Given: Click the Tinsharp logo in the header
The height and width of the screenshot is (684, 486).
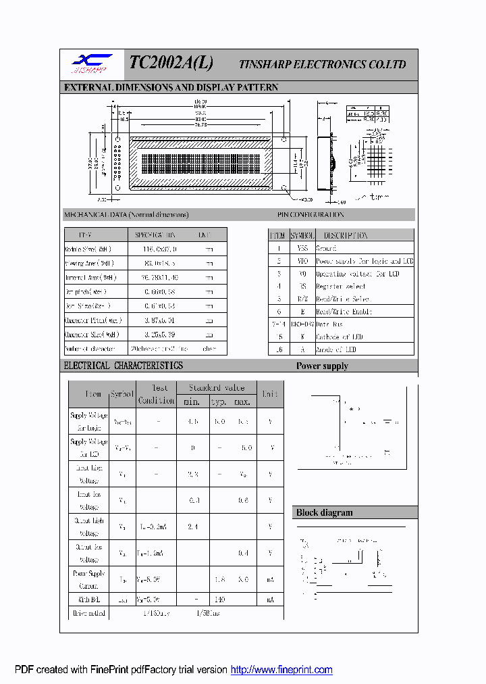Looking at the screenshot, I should (92, 64).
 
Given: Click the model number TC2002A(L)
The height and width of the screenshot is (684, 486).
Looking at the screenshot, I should (171, 63).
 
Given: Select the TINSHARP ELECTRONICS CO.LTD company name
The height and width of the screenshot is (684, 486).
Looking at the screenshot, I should (323, 65).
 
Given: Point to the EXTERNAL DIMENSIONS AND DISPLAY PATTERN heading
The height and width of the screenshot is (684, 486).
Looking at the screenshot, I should (171, 88).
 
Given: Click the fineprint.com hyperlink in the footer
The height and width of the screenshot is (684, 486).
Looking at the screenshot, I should (281, 670).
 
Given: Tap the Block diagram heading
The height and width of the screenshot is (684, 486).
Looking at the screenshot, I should (324, 512).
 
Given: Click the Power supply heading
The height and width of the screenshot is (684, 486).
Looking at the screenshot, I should (322, 366).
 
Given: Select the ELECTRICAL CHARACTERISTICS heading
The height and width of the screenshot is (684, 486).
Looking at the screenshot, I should (123, 366).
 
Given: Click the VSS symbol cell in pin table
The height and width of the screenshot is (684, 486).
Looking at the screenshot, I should (302, 249).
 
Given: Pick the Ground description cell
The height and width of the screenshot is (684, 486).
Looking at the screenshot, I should (326, 249).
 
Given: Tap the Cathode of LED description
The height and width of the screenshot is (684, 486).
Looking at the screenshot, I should (339, 337).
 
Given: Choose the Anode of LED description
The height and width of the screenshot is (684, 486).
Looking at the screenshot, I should (336, 349).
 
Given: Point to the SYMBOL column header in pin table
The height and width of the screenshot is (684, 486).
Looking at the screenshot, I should (302, 236).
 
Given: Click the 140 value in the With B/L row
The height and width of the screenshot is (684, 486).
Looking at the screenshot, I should (219, 600).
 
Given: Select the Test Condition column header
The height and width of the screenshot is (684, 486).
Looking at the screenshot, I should (156, 394).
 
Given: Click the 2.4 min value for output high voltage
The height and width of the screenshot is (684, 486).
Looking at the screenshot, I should (192, 526).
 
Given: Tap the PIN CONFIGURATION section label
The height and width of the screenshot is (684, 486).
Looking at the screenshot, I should (310, 215).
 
